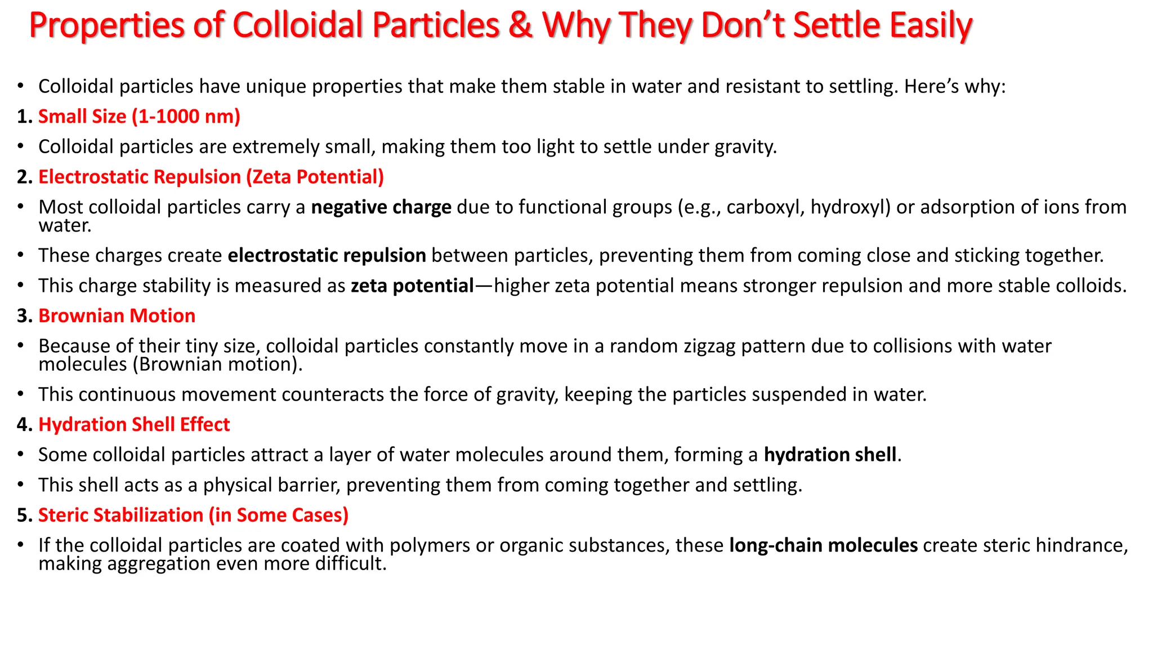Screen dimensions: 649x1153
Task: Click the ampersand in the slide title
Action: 521,26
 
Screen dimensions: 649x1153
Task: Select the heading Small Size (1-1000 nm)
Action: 139,117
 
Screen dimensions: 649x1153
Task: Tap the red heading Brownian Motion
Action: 117,316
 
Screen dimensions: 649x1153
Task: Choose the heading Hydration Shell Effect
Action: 134,425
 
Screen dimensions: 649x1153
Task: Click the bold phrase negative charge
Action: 381,207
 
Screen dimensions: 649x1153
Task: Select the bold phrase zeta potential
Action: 412,286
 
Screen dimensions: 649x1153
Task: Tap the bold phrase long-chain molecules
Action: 823,545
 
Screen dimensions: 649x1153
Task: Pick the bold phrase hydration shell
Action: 830,455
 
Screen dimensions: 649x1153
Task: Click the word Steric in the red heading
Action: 65,515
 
